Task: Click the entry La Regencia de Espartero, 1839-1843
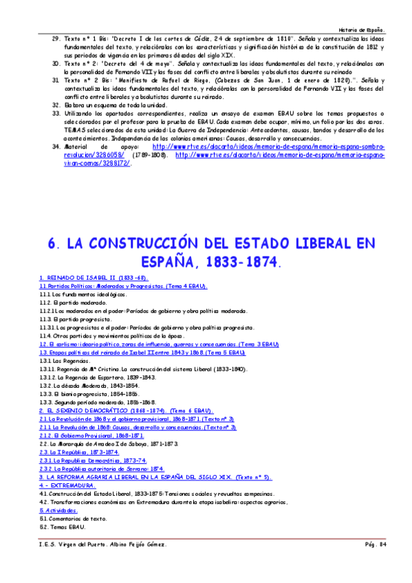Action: pos(92,377)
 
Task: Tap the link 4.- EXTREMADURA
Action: pos(67,485)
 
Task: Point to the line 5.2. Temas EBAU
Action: pos(62,527)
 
